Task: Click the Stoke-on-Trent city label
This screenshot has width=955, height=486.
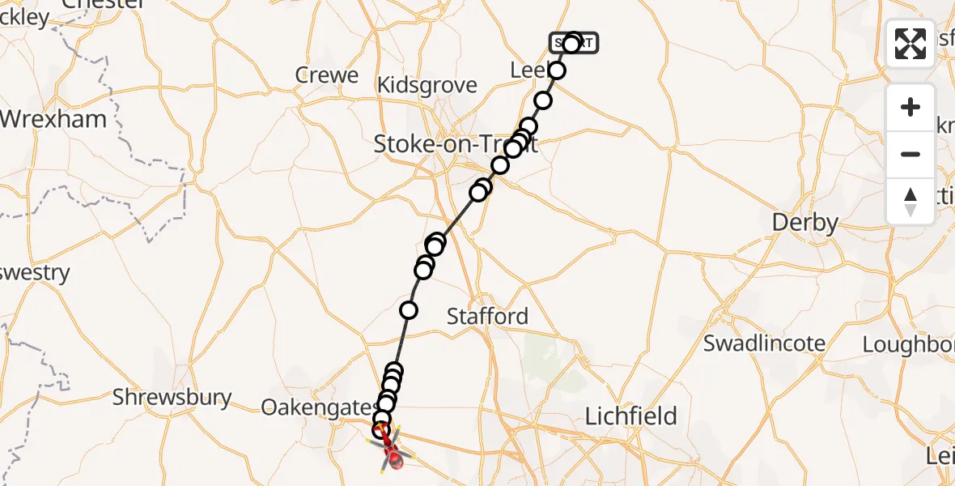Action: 444,145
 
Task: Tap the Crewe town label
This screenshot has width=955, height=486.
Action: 327,75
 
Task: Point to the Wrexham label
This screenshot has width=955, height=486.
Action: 53,119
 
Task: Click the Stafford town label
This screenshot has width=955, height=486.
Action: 488,317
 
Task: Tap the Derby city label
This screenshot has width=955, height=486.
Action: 804,223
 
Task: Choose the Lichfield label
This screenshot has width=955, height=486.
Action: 630,417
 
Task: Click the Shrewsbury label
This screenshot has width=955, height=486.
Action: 172,398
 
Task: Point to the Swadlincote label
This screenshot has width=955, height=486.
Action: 764,343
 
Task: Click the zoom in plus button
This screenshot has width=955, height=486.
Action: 910,108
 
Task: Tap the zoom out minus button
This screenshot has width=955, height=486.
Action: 910,154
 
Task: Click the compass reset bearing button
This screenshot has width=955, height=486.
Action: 910,201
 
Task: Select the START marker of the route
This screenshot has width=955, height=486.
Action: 574,43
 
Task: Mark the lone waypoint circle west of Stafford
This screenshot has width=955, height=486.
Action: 409,309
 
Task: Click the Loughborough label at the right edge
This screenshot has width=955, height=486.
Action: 908,344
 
